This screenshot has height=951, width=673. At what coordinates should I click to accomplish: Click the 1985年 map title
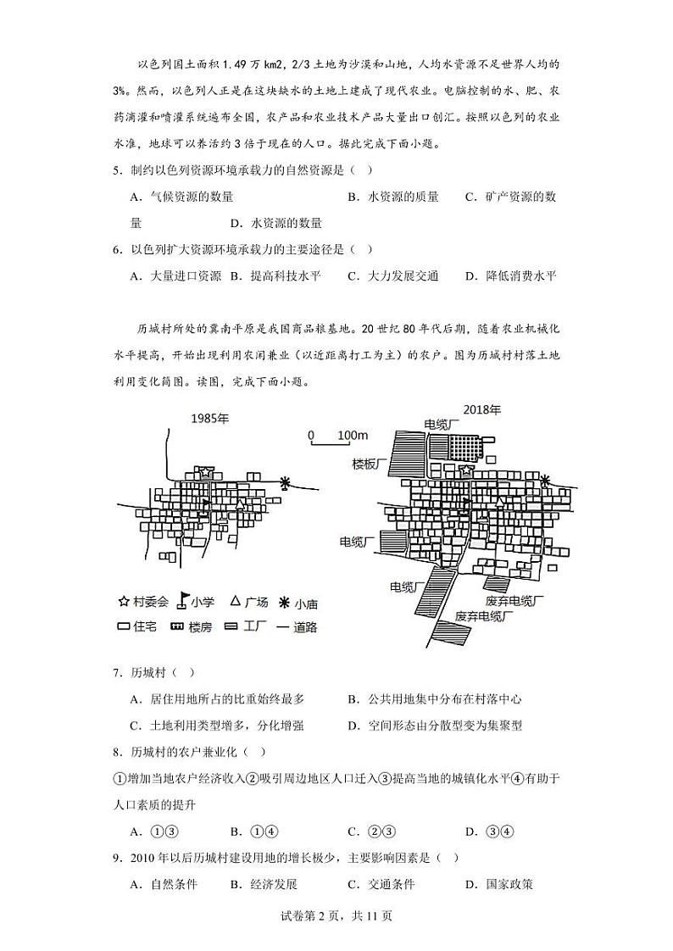coord(209,419)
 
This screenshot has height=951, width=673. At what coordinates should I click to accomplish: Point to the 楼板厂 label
coord(370,464)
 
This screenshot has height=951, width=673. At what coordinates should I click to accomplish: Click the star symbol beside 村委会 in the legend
coord(124,602)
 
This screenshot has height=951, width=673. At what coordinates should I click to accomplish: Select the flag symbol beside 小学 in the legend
coord(181,603)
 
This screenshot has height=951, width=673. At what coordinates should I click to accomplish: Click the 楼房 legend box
coord(178,627)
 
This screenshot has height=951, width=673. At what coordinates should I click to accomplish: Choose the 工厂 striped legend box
coord(231,627)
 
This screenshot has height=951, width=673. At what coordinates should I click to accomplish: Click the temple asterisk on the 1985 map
coord(285,482)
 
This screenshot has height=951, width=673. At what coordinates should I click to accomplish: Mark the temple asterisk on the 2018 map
coord(545,481)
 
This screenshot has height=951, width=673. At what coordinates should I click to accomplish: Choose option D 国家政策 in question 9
coord(499,884)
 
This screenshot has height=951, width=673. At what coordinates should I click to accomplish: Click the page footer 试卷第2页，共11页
coord(336,915)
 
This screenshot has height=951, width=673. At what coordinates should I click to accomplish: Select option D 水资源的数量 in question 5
coord(276,223)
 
